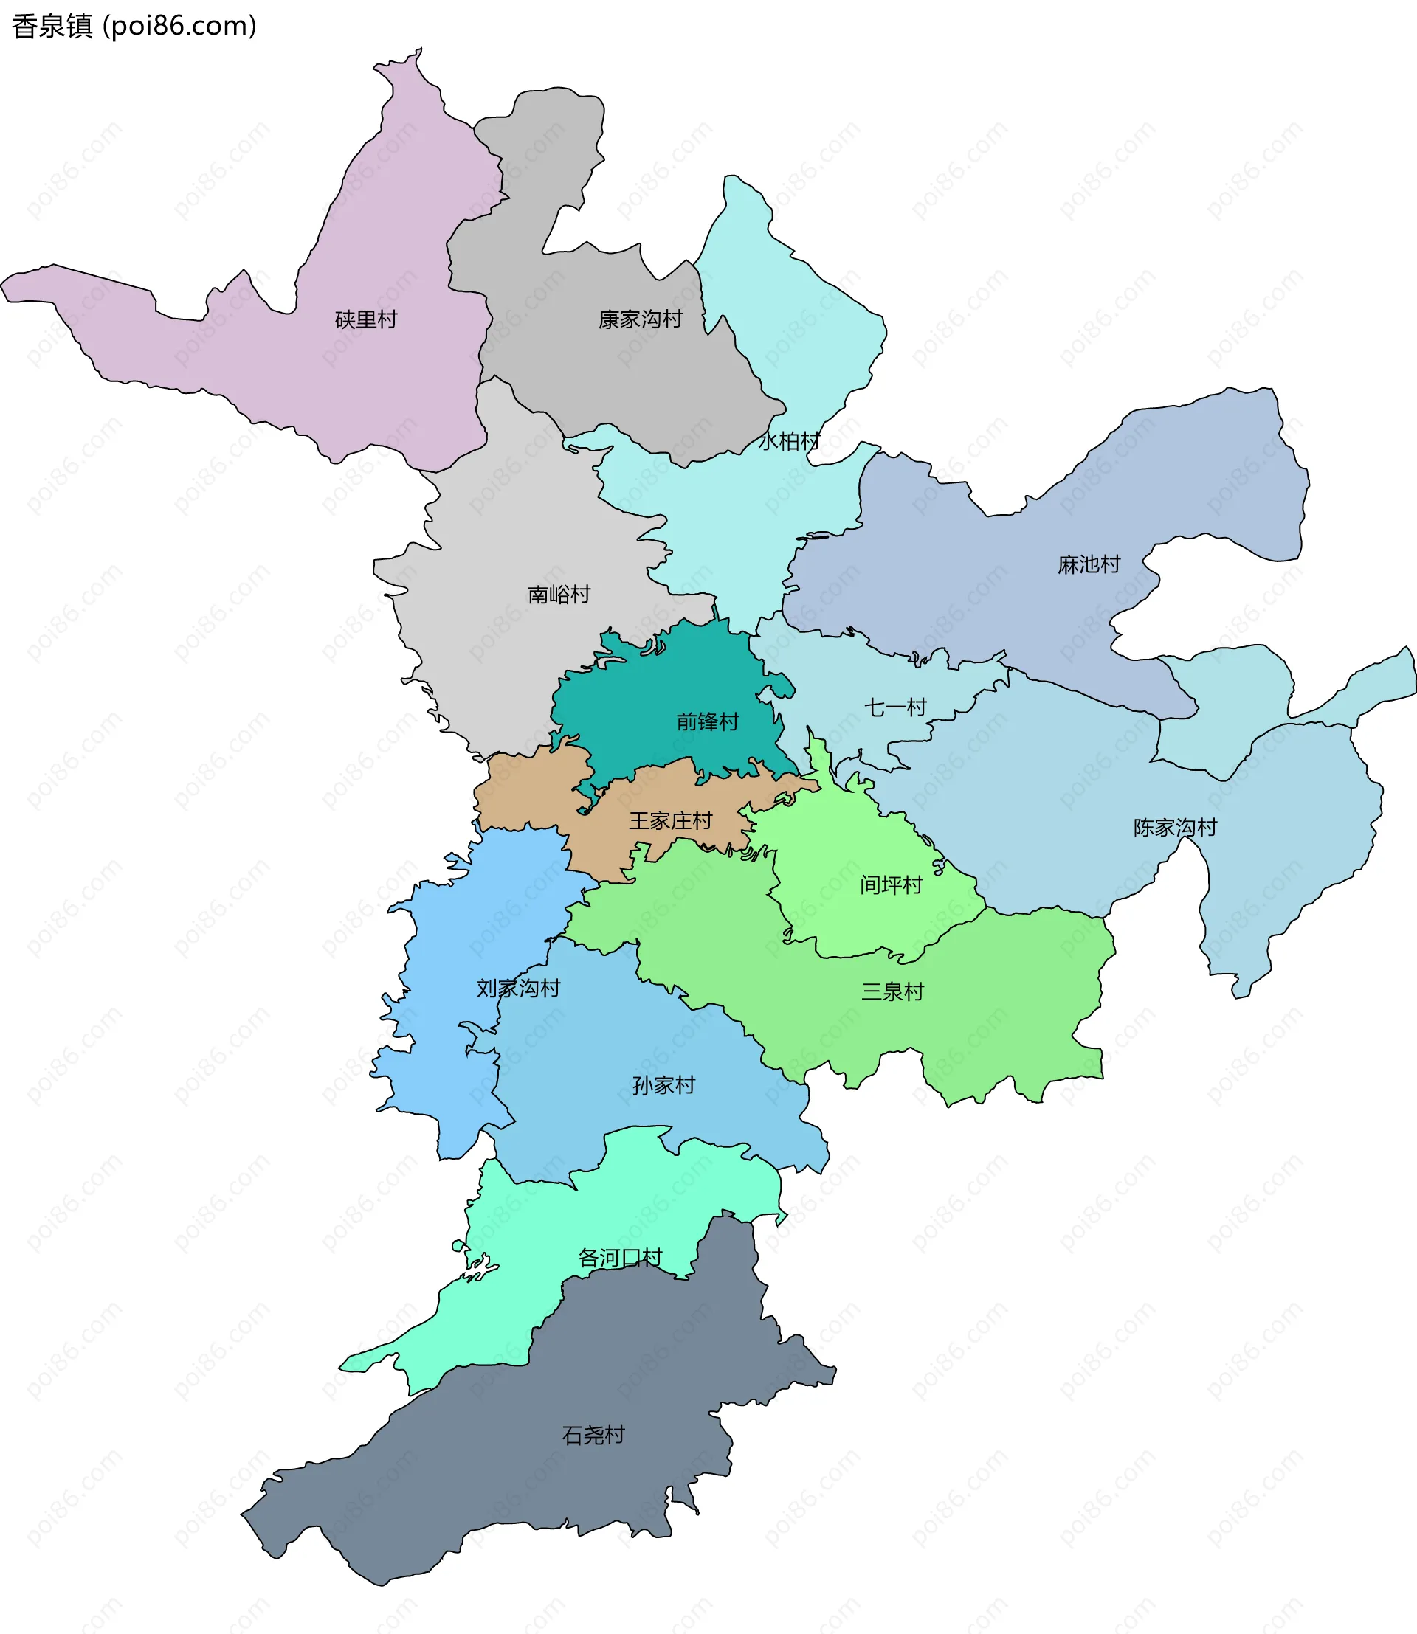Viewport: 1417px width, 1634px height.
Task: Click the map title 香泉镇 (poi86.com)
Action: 134,26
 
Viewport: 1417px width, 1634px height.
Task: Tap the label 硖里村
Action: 366,319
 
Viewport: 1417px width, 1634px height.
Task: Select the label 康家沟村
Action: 640,319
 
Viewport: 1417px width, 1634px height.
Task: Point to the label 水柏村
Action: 788,441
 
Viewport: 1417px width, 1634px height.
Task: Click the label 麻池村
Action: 1089,564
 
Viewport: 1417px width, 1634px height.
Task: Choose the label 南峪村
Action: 559,595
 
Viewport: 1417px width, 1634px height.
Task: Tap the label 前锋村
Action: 707,721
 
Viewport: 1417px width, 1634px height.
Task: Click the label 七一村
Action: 895,707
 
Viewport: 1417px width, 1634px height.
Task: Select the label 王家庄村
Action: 671,820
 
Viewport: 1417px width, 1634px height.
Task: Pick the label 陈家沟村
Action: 1174,828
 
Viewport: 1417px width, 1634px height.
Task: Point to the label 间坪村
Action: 892,884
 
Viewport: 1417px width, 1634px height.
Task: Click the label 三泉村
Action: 892,991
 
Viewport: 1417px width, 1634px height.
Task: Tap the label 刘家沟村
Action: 518,989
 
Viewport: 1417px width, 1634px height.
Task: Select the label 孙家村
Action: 663,1085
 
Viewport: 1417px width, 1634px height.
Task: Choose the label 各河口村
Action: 619,1258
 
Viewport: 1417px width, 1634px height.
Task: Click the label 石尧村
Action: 593,1435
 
